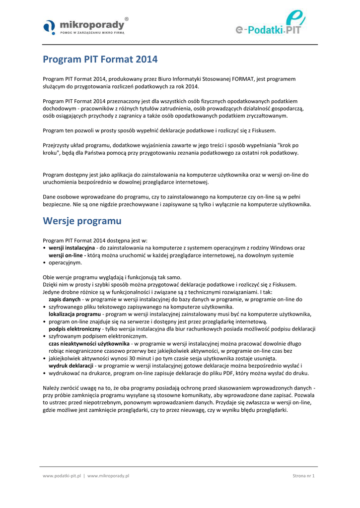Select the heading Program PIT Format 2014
tap(100, 60)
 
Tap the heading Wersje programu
tap(82, 220)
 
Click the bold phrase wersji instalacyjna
tap(72, 248)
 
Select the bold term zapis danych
tap(64, 300)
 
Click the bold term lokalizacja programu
tap(74, 314)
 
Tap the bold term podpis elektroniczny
tap(73, 329)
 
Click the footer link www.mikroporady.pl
tap(108, 476)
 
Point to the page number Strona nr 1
tap(303, 476)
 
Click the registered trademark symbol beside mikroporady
tap(127, 18)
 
